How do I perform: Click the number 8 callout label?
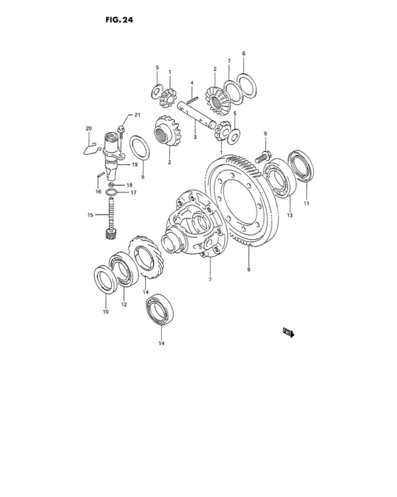(249, 269)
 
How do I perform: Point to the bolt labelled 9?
(264, 153)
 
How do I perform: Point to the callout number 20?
(89, 129)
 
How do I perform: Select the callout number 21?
(138, 115)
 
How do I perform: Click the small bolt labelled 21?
(121, 130)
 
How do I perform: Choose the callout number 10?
(105, 312)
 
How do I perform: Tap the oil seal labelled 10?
(106, 278)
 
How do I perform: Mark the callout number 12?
(123, 305)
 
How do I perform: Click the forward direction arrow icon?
(288, 331)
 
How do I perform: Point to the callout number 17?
(133, 192)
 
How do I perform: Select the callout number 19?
(133, 164)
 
